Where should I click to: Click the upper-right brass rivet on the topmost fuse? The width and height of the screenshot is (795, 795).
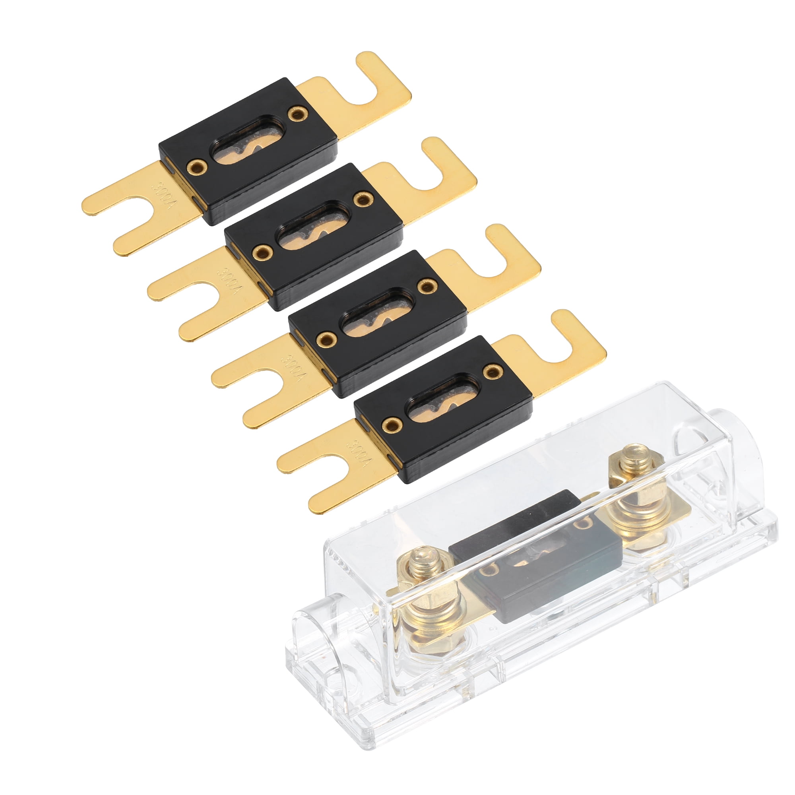pyautogui.click(x=297, y=114)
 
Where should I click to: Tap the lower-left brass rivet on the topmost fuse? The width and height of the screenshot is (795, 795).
pyautogui.click(x=196, y=167)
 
